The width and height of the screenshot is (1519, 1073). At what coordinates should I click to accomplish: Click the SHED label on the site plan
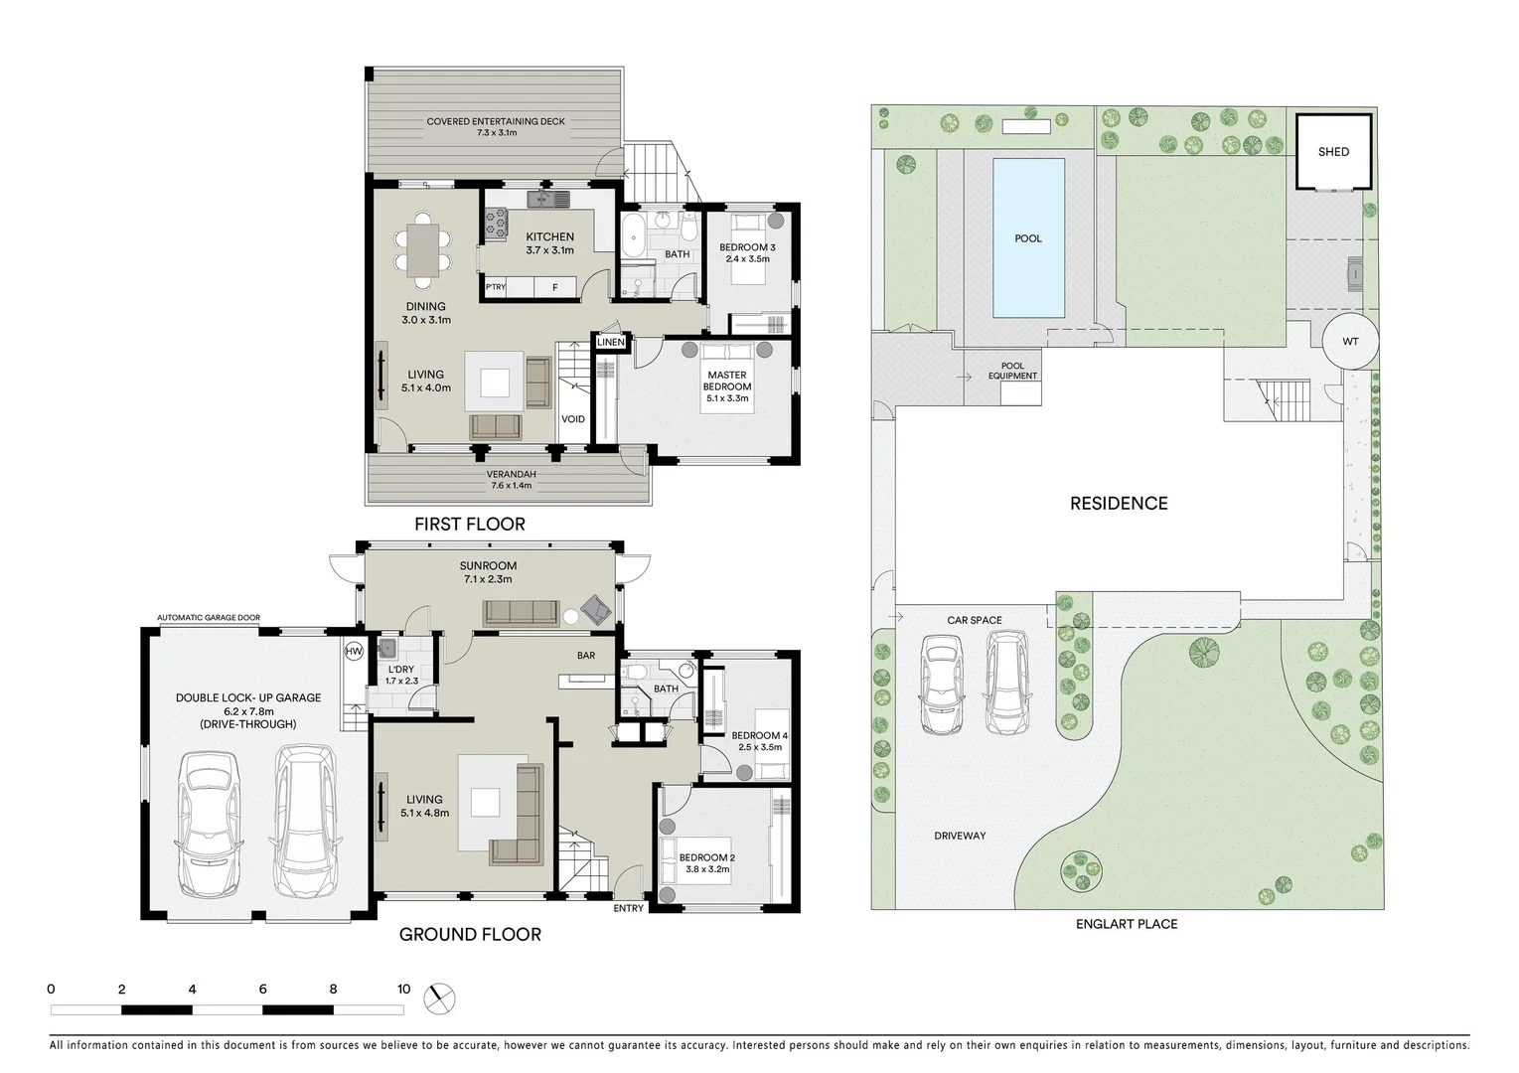tap(1333, 152)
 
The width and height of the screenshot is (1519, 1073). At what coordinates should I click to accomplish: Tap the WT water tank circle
tap(1350, 342)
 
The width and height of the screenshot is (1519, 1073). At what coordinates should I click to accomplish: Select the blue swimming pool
tap(1028, 238)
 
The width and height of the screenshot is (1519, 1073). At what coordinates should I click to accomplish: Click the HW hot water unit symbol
tap(354, 652)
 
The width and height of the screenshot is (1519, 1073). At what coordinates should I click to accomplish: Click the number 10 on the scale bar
tap(403, 990)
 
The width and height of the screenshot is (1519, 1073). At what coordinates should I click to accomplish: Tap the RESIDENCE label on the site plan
tap(1119, 504)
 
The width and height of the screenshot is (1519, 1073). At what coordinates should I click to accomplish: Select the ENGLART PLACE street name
tap(1127, 924)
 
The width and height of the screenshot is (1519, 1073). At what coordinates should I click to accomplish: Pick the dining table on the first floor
tap(423, 247)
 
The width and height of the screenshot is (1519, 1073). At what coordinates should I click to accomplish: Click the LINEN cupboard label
tap(611, 343)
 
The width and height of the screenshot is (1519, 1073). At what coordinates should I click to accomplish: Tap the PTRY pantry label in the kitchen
tap(496, 288)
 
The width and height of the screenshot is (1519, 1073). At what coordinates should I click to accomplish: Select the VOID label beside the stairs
tap(573, 419)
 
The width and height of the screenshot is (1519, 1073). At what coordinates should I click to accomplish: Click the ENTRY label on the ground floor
tap(628, 908)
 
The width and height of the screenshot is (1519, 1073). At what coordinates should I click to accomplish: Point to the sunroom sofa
tap(521, 613)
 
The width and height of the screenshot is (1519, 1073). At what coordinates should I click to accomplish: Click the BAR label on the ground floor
tap(586, 656)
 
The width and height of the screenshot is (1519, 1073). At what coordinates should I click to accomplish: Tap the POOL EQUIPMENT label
tap(1012, 371)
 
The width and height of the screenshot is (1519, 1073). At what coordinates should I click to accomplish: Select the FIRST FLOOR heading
tap(470, 524)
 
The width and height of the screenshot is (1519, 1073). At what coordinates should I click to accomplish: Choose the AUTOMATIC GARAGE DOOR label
tap(209, 618)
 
